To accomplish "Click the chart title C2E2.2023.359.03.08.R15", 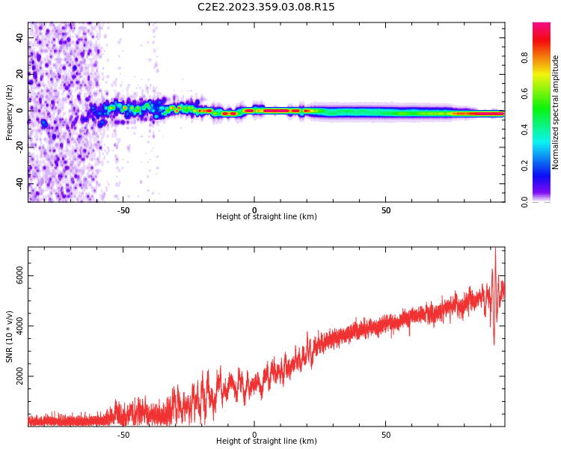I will tap(266, 7).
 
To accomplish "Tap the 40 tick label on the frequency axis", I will tap(20, 37).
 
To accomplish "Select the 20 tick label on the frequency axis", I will tap(20, 74).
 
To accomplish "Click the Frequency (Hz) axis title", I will tap(9, 112).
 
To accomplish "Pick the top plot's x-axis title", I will tap(266, 217).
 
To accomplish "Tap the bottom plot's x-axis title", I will tap(266, 442).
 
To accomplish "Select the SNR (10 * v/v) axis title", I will tap(9, 337).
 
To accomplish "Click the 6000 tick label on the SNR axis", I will tap(20, 277).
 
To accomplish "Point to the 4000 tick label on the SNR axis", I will tap(20, 326).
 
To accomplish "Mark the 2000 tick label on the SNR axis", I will tap(20, 376).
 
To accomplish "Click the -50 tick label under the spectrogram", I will tap(123, 210).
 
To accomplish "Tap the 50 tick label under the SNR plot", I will tap(386, 435).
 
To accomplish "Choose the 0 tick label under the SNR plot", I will tap(254, 435).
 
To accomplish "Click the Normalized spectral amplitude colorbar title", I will tap(556, 112).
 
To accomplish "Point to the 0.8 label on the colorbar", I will tap(525, 57).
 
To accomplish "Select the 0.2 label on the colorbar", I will tap(525, 165).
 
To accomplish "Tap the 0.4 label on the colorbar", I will tap(525, 129).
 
